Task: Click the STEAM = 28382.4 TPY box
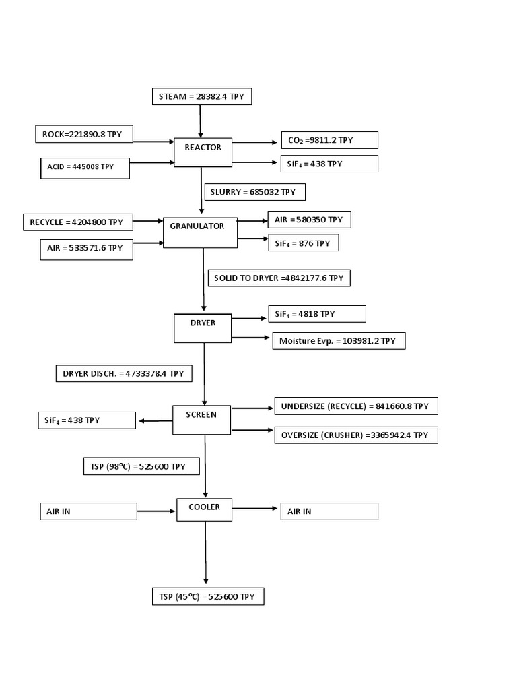[x=202, y=97]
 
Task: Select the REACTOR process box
[x=203, y=152]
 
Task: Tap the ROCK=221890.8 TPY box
[x=83, y=134]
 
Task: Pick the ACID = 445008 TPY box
[x=83, y=167]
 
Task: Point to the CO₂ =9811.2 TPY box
[x=329, y=140]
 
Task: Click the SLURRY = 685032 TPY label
[x=254, y=192]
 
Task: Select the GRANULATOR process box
[x=201, y=232]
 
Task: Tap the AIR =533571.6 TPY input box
[x=85, y=249]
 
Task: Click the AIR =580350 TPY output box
[x=309, y=220]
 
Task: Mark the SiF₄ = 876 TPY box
[x=303, y=243]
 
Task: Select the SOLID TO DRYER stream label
[x=279, y=278]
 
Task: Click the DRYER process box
[x=203, y=328]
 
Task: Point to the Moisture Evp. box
[x=339, y=341]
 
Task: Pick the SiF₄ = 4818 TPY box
[x=316, y=314]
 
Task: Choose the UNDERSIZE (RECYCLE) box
[x=355, y=406]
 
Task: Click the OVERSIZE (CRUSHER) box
[x=355, y=435]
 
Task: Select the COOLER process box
[x=204, y=510]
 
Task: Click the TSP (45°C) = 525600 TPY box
[x=207, y=597]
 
